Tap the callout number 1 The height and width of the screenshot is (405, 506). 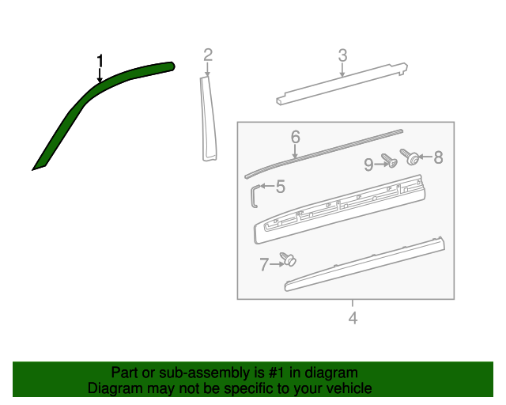100,60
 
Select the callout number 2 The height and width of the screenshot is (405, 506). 208,55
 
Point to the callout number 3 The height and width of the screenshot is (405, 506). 342,55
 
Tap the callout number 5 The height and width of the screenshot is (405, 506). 280,187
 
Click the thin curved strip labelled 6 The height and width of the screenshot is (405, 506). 324,150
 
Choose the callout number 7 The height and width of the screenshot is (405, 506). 264,265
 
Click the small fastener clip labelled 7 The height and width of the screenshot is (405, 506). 289,259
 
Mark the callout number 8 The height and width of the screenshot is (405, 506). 438,157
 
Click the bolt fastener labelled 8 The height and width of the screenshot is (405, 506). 410,156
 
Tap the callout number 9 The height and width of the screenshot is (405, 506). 368,165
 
